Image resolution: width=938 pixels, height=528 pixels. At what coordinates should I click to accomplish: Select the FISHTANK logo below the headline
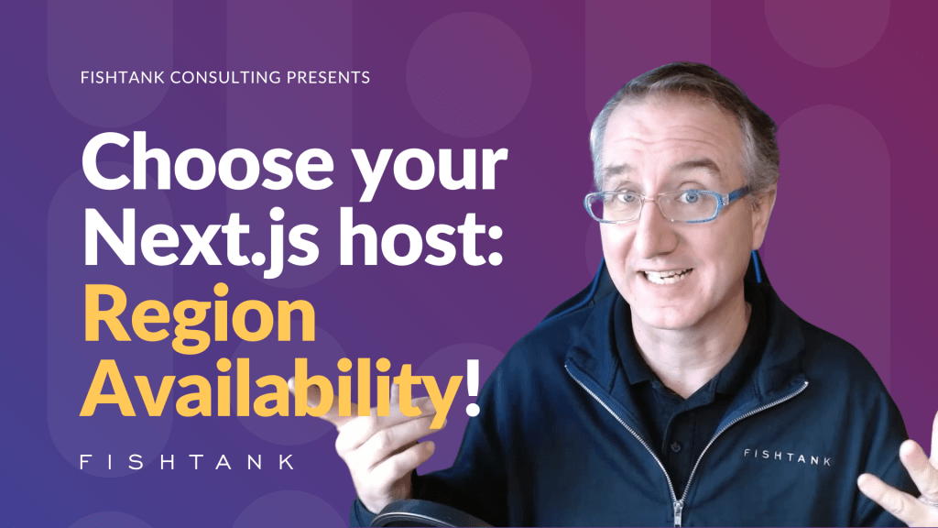[x=188, y=461]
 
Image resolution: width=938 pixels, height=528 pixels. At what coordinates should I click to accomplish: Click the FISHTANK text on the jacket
[x=787, y=456]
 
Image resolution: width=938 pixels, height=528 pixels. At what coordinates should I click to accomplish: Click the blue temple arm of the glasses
[x=736, y=196]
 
